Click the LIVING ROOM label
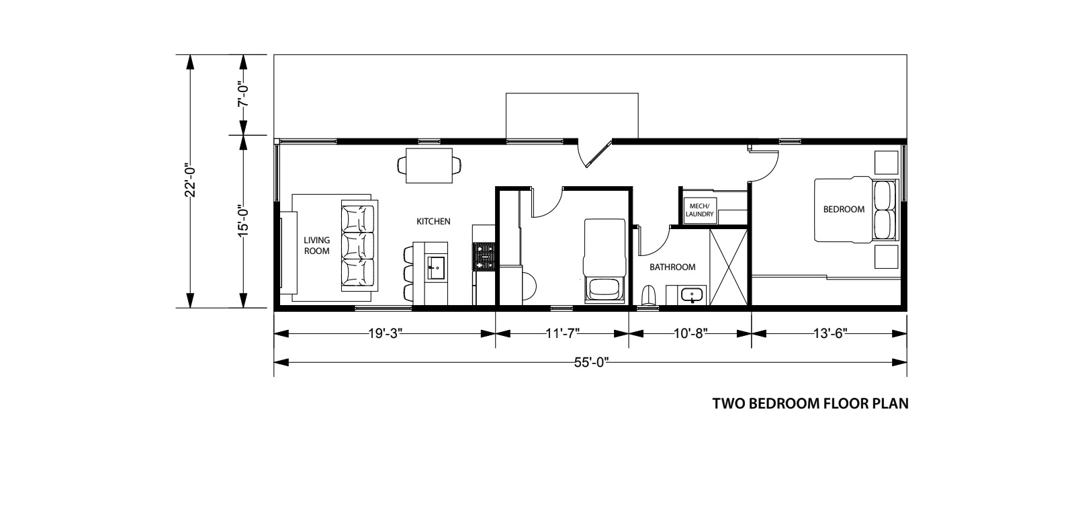click(317, 245)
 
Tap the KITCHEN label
click(433, 221)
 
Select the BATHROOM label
click(672, 267)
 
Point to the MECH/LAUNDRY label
click(699, 210)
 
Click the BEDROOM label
click(844, 209)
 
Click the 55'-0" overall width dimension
click(591, 362)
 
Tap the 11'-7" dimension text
click(562, 334)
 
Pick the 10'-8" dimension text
click(690, 334)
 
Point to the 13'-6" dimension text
click(830, 334)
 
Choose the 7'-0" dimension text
click(244, 95)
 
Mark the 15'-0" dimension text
click(244, 220)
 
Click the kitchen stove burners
click(484, 257)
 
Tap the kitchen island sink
click(437, 267)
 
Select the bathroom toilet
click(648, 296)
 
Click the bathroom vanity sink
click(692, 294)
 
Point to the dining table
click(429, 166)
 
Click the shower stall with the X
click(728, 267)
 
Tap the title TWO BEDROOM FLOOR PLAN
click(810, 404)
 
